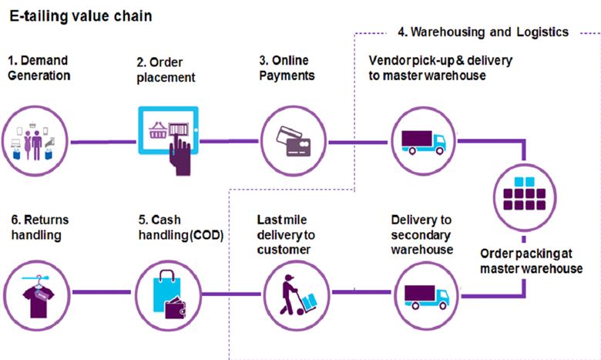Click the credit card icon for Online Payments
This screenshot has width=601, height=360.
[293, 141]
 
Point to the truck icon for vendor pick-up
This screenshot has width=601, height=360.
[422, 141]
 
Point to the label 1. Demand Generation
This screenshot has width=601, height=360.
[39, 68]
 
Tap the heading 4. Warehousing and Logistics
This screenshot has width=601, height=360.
[482, 32]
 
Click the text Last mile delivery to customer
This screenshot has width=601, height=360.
[287, 235]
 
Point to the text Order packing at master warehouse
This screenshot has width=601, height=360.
[531, 261]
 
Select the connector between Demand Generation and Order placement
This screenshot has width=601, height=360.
[101, 141]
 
